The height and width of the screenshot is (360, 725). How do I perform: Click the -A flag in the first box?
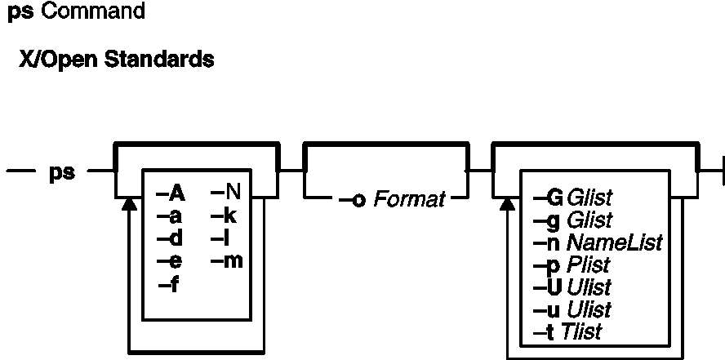171,194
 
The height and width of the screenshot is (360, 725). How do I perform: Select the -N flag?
226,193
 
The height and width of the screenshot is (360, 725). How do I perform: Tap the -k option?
224,216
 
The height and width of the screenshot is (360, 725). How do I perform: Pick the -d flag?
170,239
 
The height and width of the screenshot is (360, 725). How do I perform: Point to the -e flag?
170,262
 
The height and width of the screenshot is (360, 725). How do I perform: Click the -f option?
169,286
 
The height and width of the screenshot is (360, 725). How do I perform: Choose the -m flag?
227,261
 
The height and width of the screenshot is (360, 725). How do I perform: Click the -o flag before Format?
353,201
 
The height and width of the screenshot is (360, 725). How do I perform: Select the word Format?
410,200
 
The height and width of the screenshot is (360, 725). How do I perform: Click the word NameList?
615,242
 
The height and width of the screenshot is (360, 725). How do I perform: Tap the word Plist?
588,264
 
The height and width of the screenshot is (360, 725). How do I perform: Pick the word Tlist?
581,331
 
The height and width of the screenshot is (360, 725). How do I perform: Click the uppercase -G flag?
548,198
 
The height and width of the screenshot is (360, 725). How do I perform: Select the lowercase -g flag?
546,220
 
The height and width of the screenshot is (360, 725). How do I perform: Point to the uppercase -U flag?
548,287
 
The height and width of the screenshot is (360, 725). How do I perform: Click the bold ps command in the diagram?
62,173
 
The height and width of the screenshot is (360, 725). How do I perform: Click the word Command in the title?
93,12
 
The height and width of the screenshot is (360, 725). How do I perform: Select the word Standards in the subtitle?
159,60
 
